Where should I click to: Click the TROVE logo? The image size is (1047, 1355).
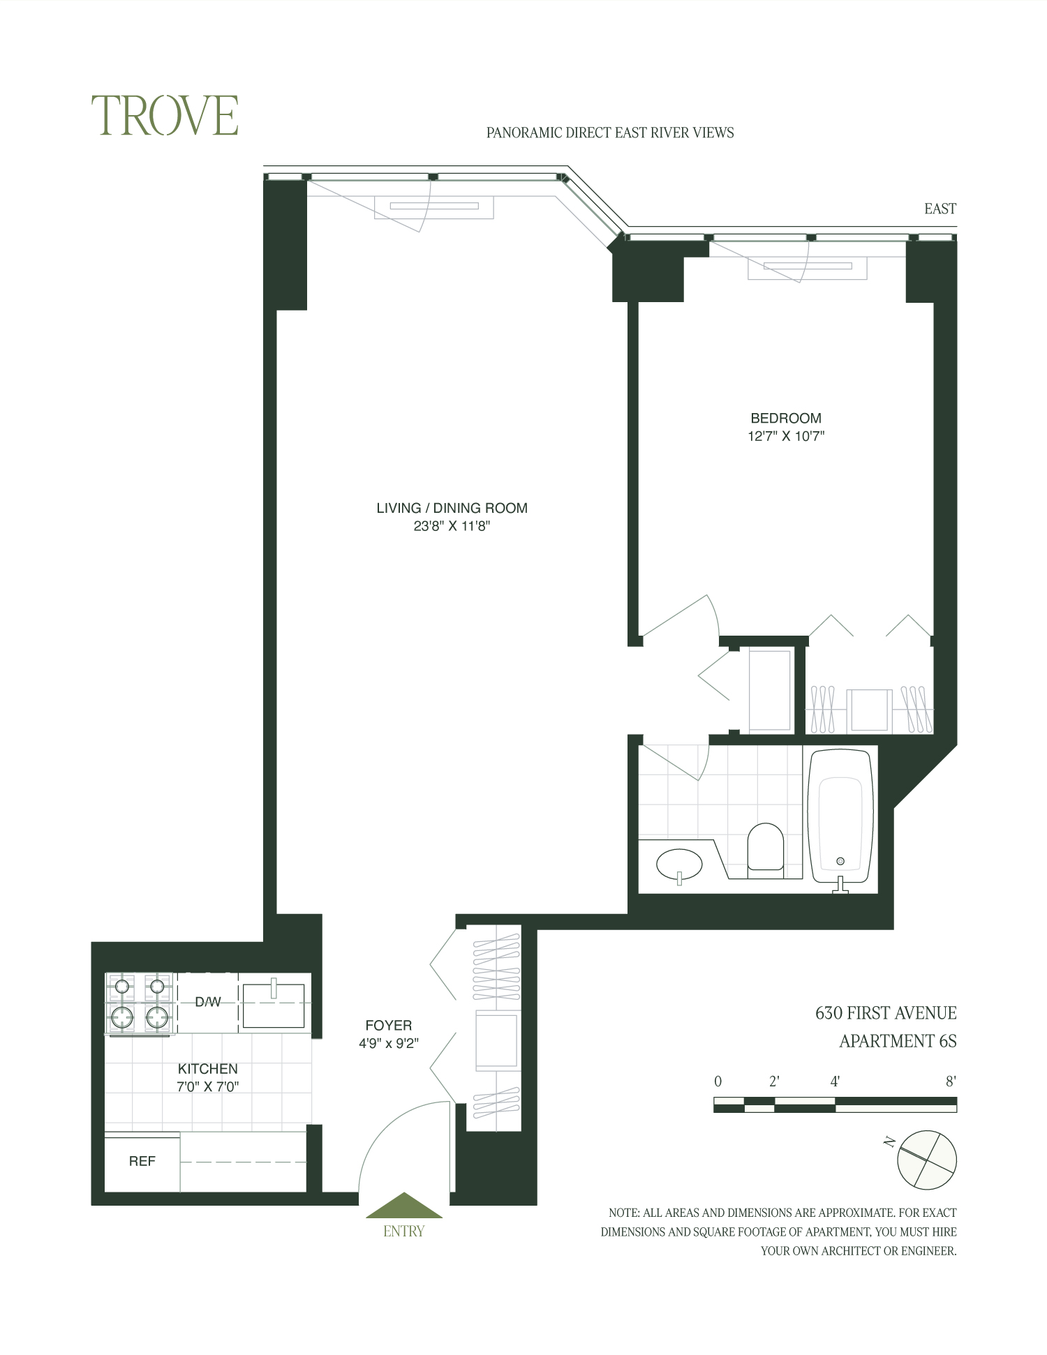165,116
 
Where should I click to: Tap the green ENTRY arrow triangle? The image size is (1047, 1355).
404,1206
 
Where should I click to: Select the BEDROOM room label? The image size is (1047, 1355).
786,418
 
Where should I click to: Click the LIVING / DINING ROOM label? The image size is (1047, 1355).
452,508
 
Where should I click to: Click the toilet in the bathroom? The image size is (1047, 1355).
765,847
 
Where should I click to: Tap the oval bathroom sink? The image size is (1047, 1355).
679,865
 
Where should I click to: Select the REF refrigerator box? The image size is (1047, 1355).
142,1161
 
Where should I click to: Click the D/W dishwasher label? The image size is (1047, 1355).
207,1002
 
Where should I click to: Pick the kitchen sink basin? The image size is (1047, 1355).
274,1005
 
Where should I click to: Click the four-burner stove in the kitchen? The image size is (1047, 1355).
140,1003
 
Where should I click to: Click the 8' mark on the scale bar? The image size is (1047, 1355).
950,1082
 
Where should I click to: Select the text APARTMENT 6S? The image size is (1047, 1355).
898,1041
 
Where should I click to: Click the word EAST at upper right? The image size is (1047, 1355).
940,209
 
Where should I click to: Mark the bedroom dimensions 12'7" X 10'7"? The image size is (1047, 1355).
786,437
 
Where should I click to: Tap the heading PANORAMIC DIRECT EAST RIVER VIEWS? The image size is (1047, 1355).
610,133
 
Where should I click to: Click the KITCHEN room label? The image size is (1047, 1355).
207,1068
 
